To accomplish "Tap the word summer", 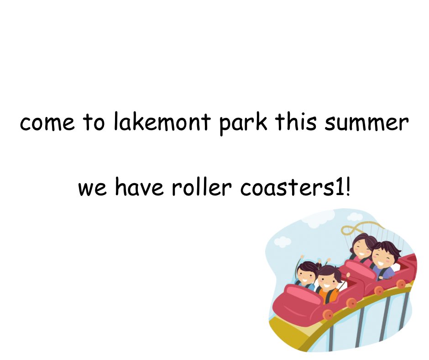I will (366, 122).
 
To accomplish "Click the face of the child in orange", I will (328, 281).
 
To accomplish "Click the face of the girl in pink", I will (362, 248).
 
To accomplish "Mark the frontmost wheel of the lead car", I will (328, 315).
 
